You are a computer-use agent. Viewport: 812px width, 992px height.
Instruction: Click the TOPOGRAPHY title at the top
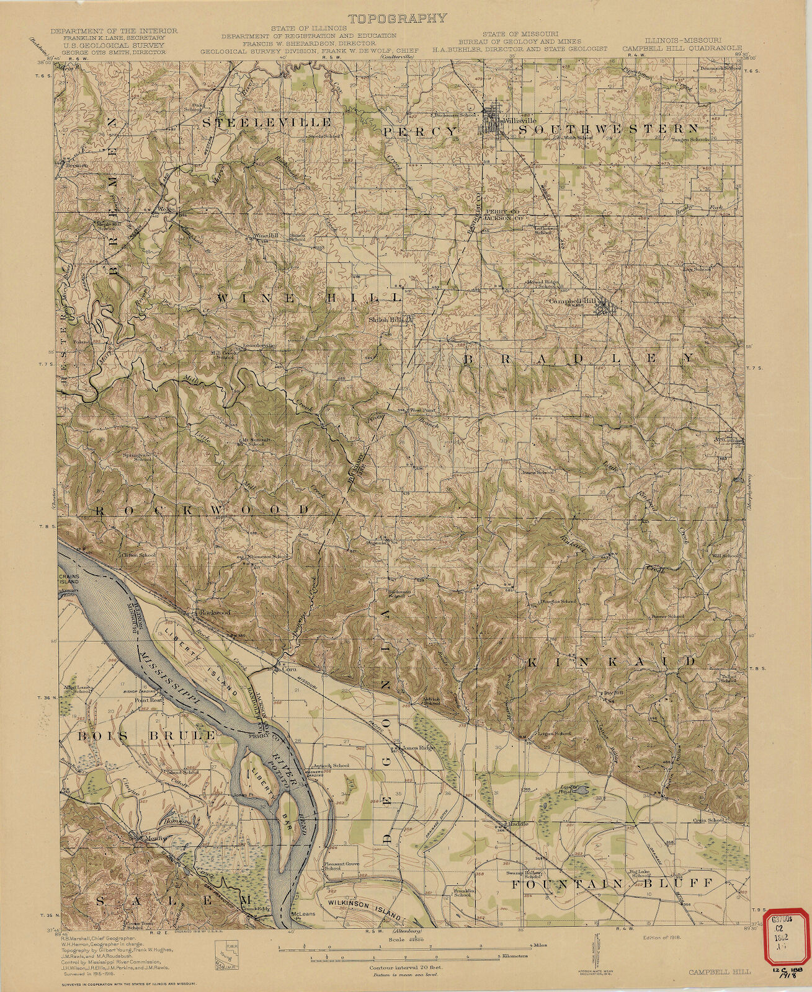[x=397, y=17]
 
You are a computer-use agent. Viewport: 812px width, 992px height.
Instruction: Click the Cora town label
[x=287, y=669]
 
